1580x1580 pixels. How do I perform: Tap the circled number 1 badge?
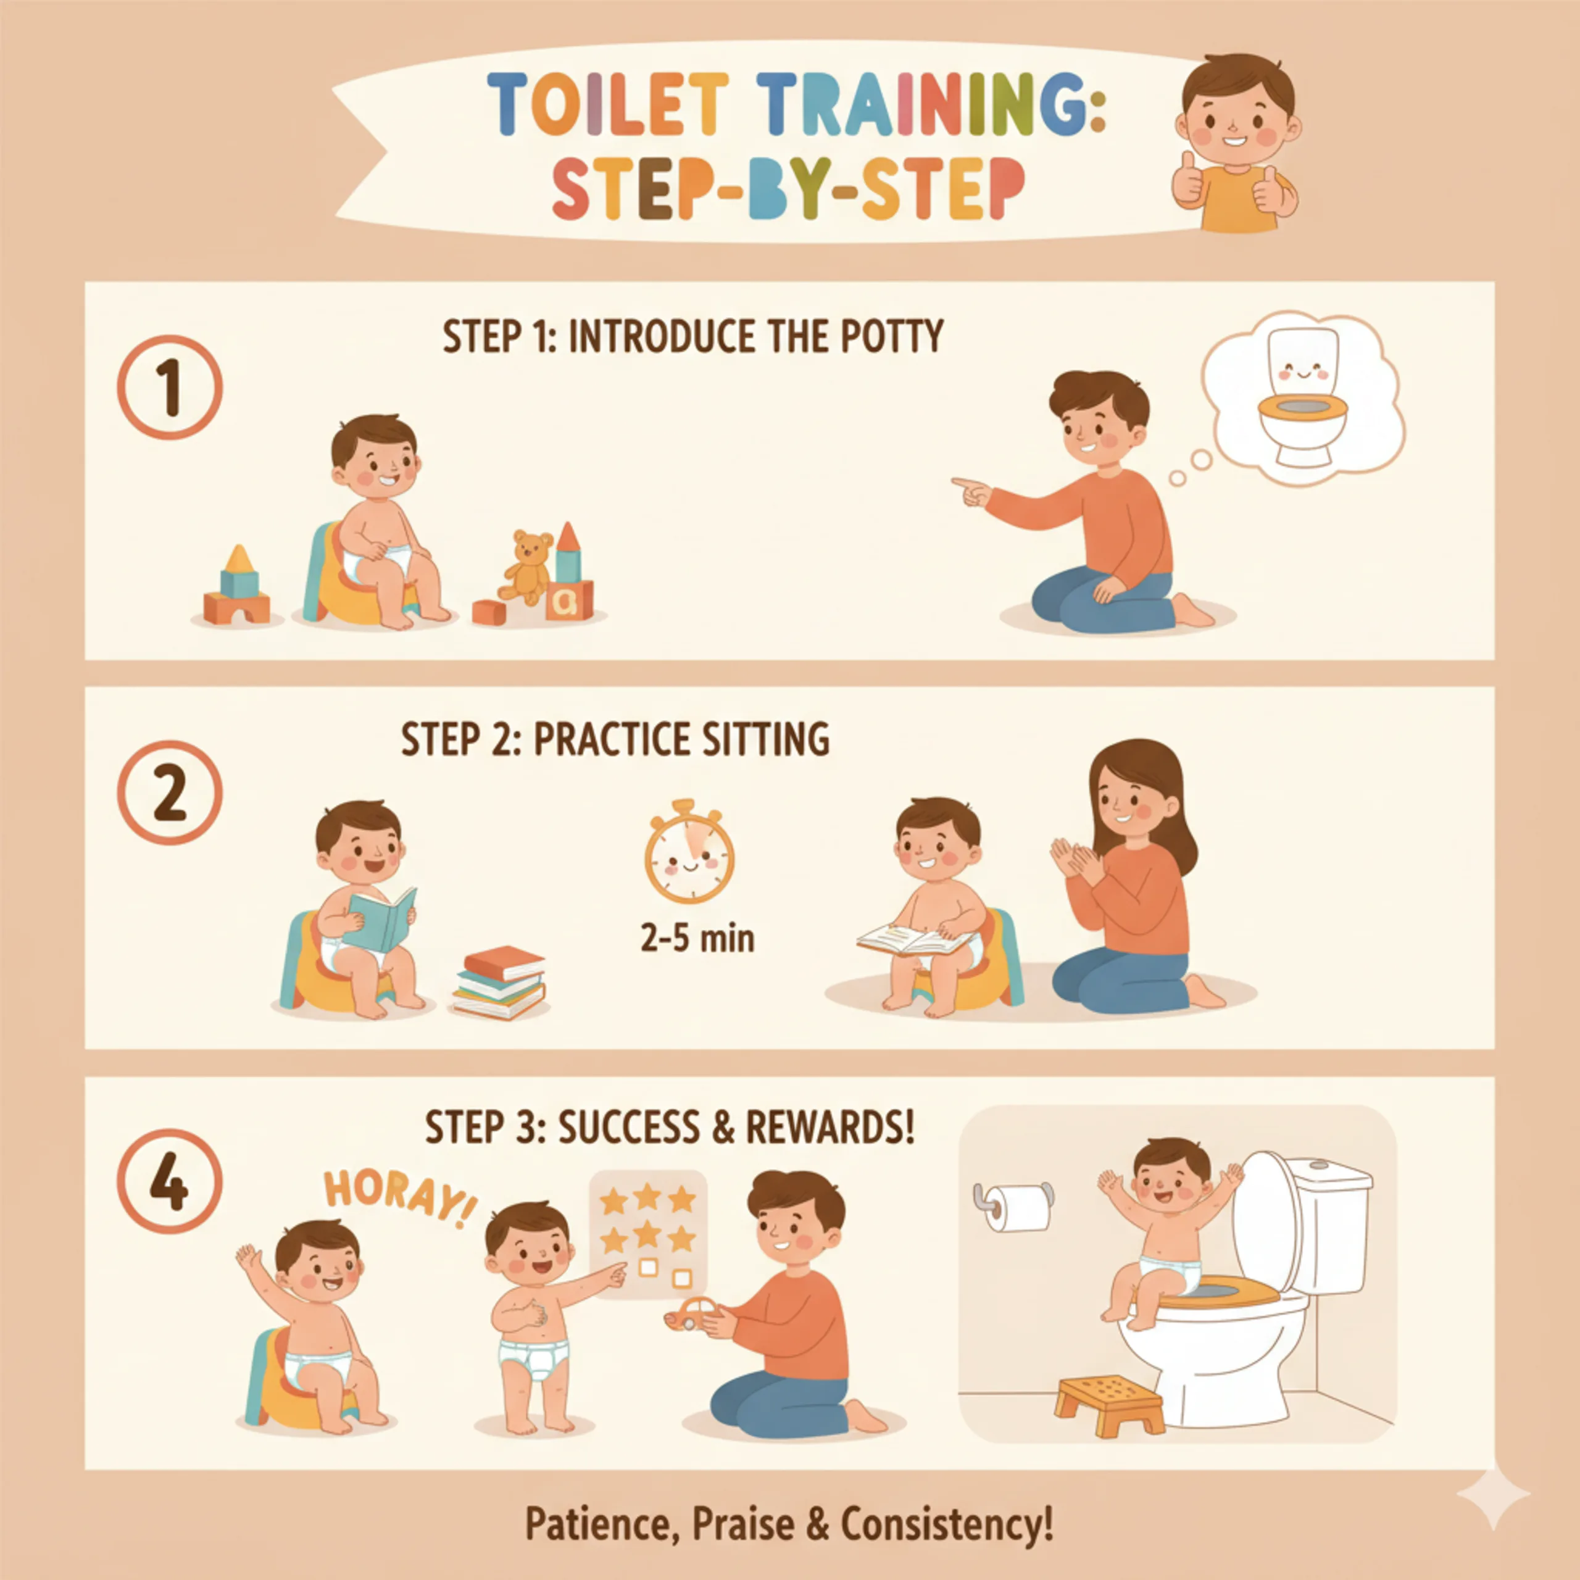click(170, 387)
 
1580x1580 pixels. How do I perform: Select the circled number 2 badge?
click(170, 793)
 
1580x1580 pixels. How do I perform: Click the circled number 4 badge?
click(170, 1181)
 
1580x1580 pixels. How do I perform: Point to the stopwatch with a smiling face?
click(689, 853)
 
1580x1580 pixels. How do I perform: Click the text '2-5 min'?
click(697, 938)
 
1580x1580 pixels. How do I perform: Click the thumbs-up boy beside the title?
click(1235, 143)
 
